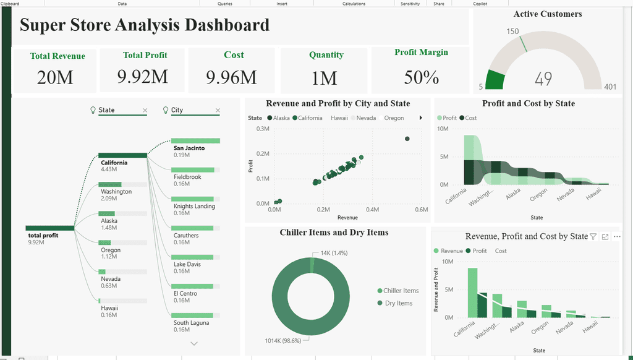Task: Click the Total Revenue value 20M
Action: pyautogui.click(x=55, y=77)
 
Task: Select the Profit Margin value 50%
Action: pyautogui.click(x=422, y=77)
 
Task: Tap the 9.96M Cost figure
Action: pyautogui.click(x=231, y=77)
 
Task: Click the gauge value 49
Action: pyautogui.click(x=543, y=79)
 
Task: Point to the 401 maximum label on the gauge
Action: pyautogui.click(x=610, y=87)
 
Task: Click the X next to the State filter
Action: pyautogui.click(x=145, y=110)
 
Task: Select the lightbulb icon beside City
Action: pyautogui.click(x=165, y=110)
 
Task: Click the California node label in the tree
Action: pyautogui.click(x=114, y=163)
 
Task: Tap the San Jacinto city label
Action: pyautogui.click(x=189, y=148)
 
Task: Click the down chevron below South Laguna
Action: pyautogui.click(x=194, y=343)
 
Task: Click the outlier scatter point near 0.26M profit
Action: pyautogui.click(x=407, y=139)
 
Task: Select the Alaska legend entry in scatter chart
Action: pyautogui.click(x=279, y=118)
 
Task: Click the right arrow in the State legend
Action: pyautogui.click(x=420, y=118)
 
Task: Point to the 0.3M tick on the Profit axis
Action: pyautogui.click(x=263, y=129)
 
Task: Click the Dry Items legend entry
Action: pyautogui.click(x=395, y=303)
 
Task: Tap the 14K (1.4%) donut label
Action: pyautogui.click(x=334, y=253)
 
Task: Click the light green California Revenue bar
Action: pyautogui.click(x=472, y=293)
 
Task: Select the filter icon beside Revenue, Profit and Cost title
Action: pyautogui.click(x=593, y=237)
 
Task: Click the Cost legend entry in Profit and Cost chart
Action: pyautogui.click(x=468, y=118)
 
